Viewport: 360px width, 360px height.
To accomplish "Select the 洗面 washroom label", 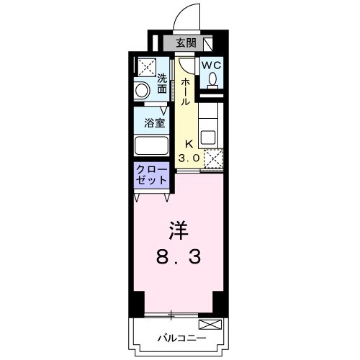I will pos(162,84).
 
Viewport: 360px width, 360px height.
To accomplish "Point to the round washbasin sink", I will pos(143,90).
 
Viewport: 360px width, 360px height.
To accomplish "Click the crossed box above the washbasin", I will pos(145,67).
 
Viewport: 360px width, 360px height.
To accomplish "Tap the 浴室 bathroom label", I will pos(155,122).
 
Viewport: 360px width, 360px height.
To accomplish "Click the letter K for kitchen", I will pos(190,143).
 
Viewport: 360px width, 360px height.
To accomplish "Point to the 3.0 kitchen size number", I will pos(189,156).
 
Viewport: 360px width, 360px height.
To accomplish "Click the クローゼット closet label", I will pos(151,175).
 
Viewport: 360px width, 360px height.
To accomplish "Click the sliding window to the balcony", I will pos(173,315).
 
